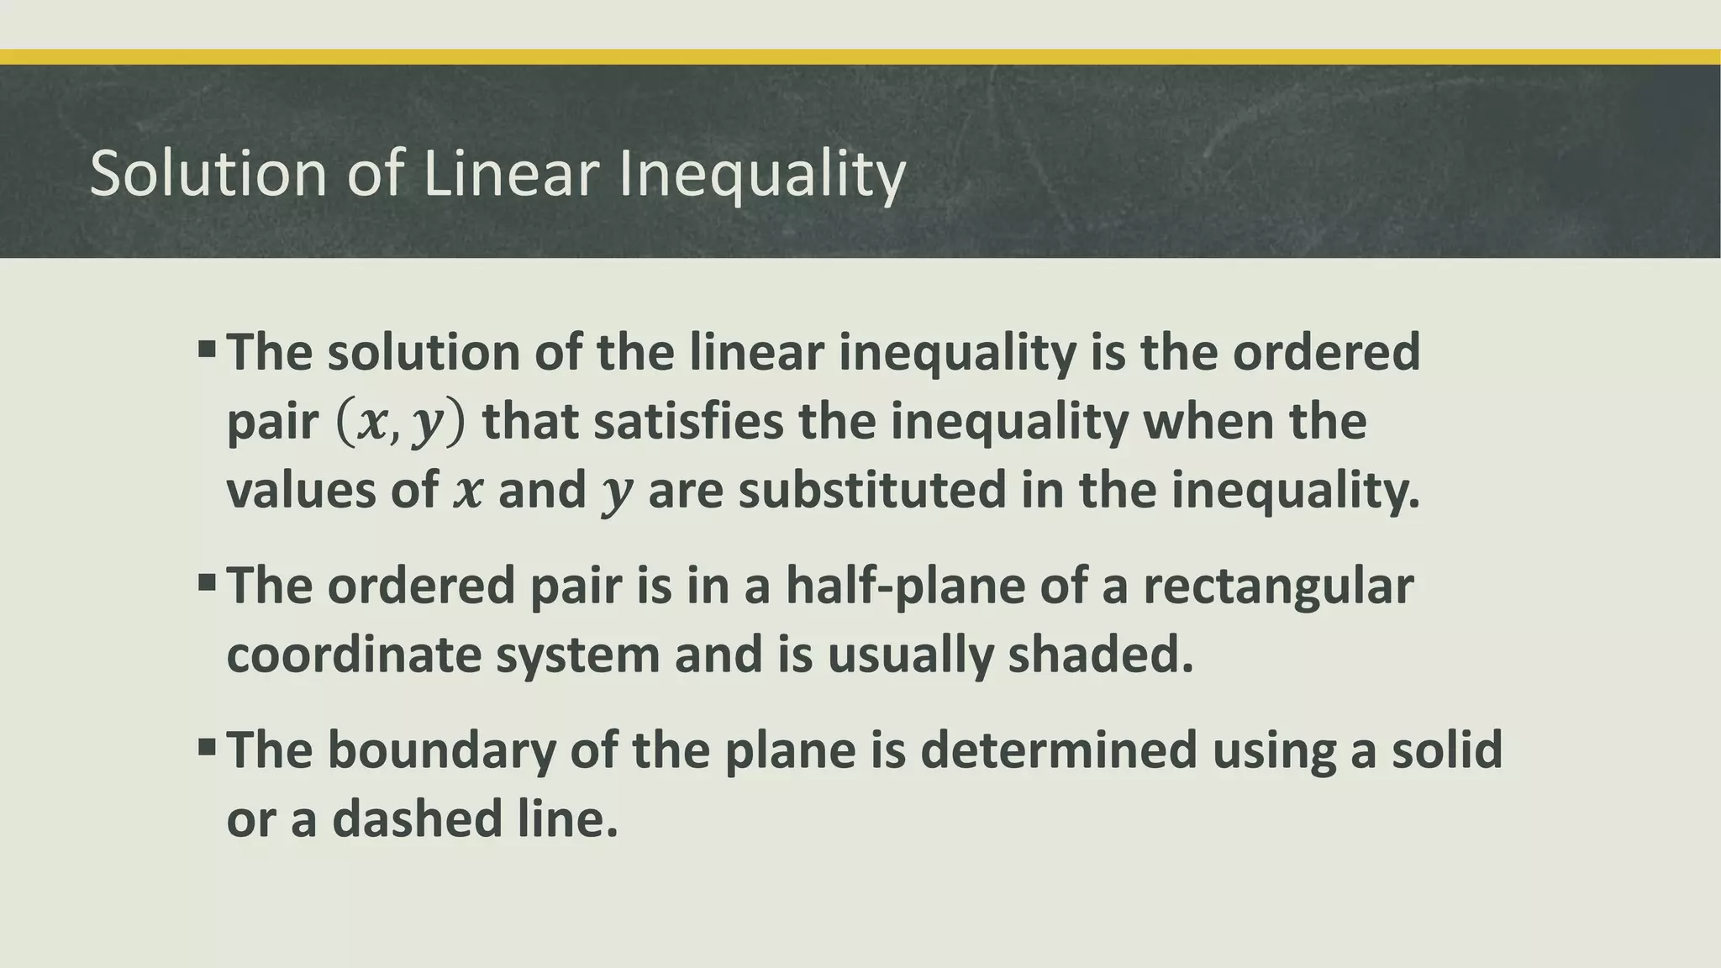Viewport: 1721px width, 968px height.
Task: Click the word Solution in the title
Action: click(208, 174)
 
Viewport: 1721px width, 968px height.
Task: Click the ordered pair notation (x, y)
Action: click(399, 423)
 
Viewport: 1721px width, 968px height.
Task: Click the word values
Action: click(300, 490)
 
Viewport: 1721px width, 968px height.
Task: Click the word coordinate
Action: click(354, 655)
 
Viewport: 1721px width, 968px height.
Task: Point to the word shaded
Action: click(1100, 655)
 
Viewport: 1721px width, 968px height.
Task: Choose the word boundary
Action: click(441, 750)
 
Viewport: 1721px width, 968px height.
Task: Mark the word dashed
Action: click(417, 818)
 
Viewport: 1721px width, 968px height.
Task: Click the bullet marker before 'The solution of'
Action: click(208, 348)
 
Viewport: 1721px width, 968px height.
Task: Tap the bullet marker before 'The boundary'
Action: click(208, 746)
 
